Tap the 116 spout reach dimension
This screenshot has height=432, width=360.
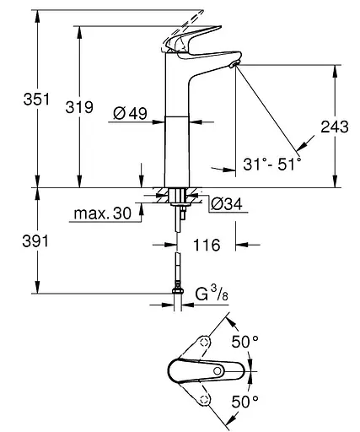pos(206,246)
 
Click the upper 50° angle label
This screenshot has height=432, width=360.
pos(244,342)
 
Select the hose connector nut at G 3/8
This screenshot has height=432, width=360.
pos(177,294)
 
